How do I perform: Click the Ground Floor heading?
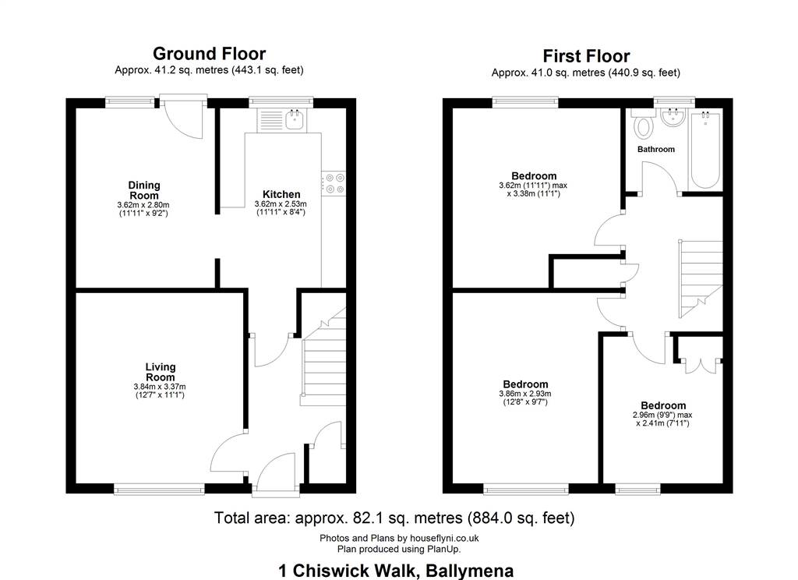(x=209, y=54)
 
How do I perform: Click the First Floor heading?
(x=586, y=56)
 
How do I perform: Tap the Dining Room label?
(x=144, y=190)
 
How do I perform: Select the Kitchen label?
(x=281, y=195)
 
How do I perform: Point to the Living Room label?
(x=161, y=372)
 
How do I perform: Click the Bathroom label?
(x=656, y=149)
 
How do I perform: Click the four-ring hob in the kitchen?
(x=334, y=183)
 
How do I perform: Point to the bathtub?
(x=705, y=150)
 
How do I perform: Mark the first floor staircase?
(x=701, y=279)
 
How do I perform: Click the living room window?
(x=159, y=490)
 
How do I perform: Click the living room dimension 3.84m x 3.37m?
(x=160, y=387)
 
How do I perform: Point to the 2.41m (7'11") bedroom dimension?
(x=662, y=423)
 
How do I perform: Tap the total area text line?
(x=394, y=518)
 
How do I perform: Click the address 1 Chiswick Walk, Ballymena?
(x=396, y=571)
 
